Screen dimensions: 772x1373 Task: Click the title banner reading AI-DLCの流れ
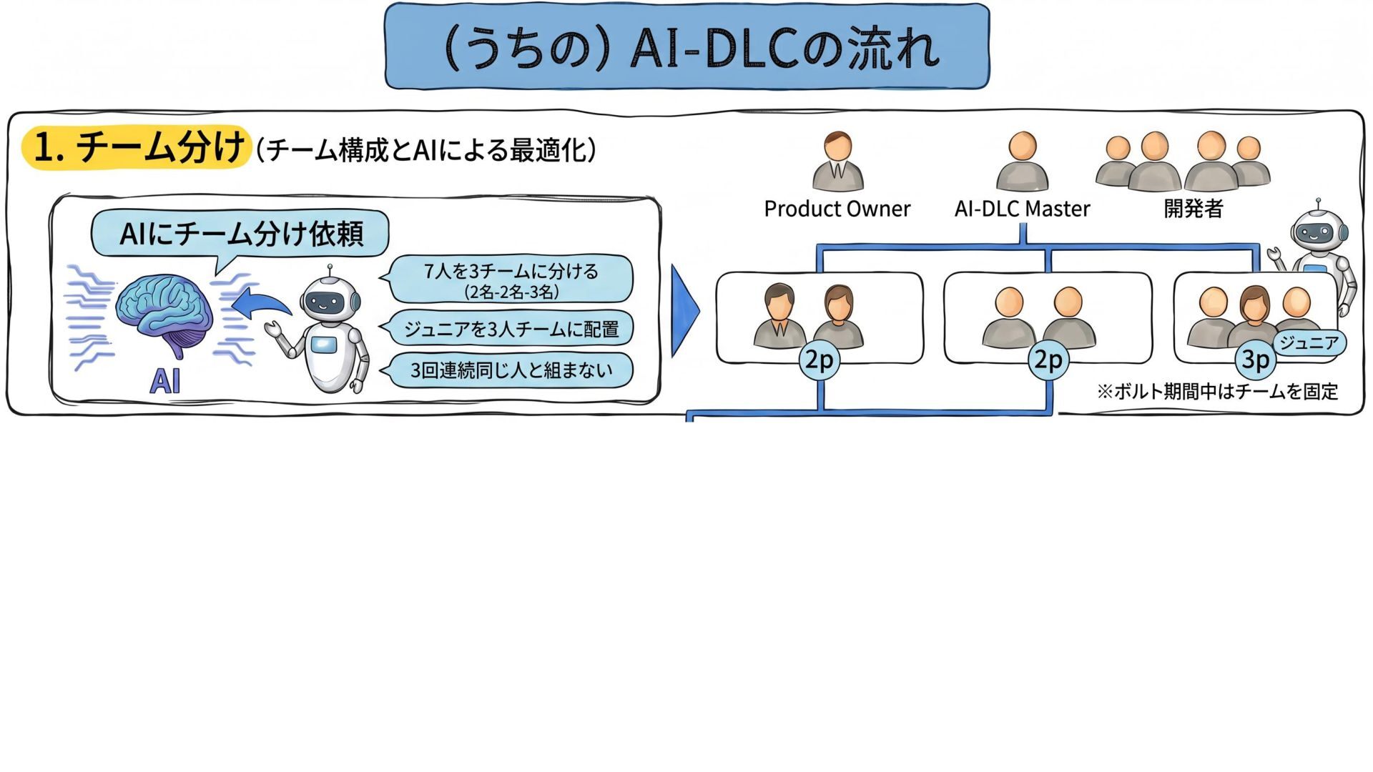pyautogui.click(x=686, y=47)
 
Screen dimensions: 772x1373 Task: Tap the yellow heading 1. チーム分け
pyautogui.click(x=136, y=147)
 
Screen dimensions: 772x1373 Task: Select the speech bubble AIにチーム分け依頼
pyautogui.click(x=240, y=234)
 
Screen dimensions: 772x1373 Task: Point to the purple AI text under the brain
pyautogui.click(x=164, y=381)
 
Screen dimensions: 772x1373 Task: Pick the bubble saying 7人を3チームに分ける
pyautogui.click(x=511, y=279)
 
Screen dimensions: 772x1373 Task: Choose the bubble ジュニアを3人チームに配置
pyautogui.click(x=511, y=329)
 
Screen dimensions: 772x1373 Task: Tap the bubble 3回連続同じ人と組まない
pyautogui.click(x=511, y=370)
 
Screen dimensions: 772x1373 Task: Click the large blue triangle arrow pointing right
pyautogui.click(x=685, y=311)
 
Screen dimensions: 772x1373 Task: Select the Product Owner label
pyautogui.click(x=837, y=209)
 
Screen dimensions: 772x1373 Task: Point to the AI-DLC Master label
pyautogui.click(x=1022, y=209)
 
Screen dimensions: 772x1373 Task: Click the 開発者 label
pyautogui.click(x=1194, y=209)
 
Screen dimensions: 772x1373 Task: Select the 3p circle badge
pyautogui.click(x=1255, y=360)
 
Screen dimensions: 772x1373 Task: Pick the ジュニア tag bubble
pyautogui.click(x=1309, y=343)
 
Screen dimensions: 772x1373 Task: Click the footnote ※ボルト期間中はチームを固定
pyautogui.click(x=1217, y=392)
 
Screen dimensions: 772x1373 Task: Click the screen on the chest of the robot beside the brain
pyautogui.click(x=323, y=345)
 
